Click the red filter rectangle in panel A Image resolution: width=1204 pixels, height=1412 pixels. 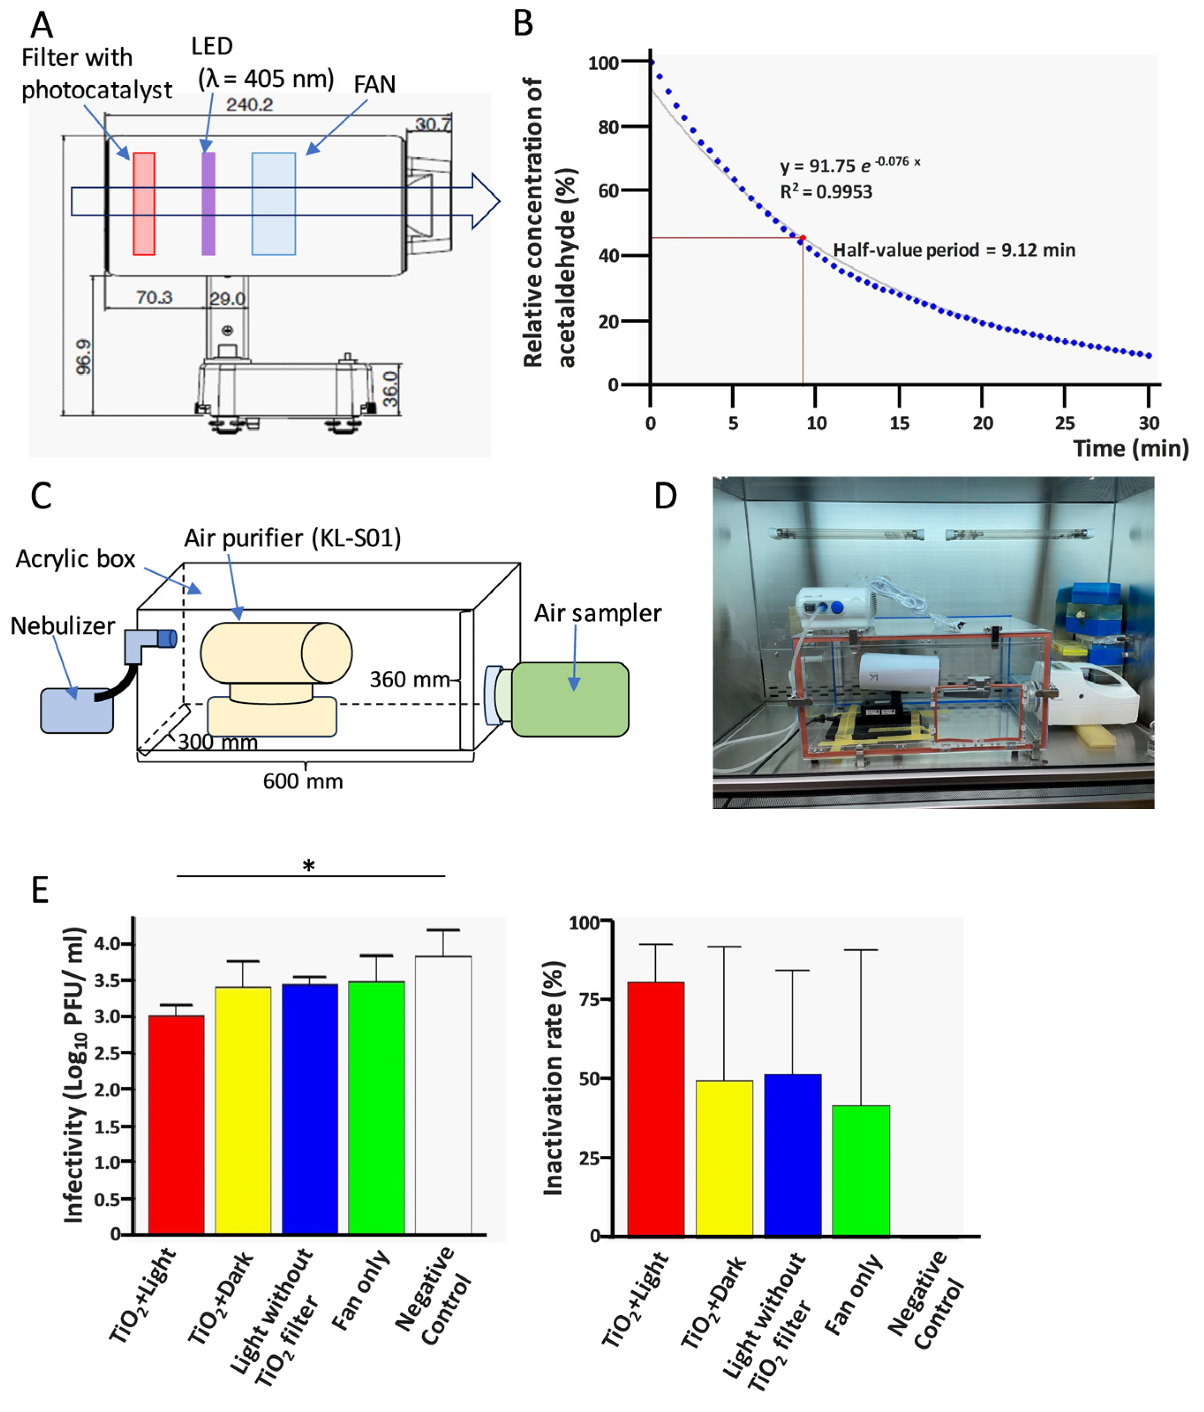144,204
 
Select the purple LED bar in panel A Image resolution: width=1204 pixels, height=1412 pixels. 209,204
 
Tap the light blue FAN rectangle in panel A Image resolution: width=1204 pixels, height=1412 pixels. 274,204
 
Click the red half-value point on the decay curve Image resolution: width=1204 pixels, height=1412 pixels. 803,238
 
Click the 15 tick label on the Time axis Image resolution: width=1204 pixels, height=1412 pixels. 899,423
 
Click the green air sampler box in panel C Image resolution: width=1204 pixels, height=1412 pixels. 570,699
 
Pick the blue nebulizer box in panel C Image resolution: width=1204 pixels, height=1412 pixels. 76,711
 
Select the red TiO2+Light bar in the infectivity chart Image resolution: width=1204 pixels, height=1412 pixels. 176,1124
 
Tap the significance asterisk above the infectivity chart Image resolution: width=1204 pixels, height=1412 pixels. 309,866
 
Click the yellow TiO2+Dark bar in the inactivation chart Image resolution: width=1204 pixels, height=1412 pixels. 724,1158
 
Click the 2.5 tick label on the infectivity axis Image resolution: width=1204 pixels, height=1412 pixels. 106,1053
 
